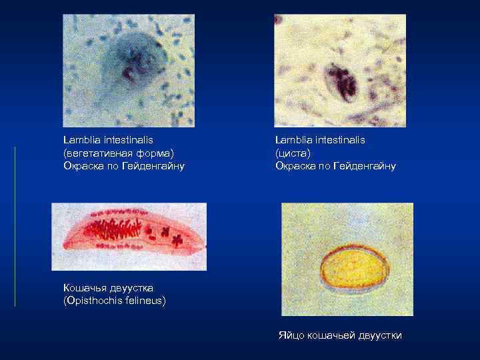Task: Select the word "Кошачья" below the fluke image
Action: click(x=84, y=287)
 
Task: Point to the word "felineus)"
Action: click(x=146, y=300)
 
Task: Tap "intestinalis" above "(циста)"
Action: click(x=337, y=140)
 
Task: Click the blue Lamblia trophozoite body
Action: click(x=131, y=63)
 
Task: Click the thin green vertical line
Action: click(x=15, y=227)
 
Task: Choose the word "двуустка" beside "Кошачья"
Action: click(x=131, y=287)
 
